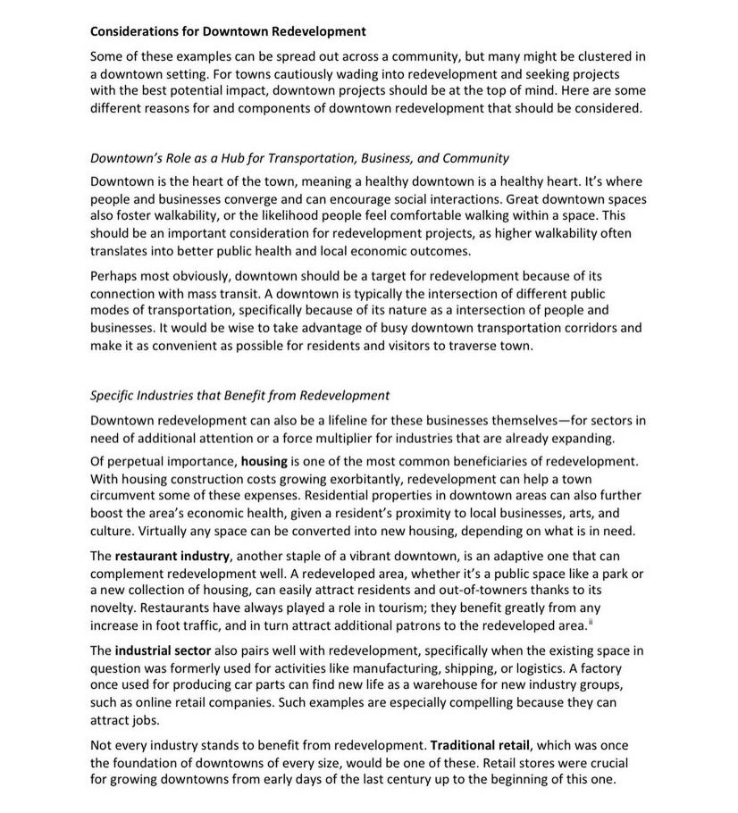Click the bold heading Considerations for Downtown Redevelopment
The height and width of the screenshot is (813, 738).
228,31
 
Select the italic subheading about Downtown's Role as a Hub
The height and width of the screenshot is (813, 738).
300,158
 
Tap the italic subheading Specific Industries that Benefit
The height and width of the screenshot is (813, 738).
240,395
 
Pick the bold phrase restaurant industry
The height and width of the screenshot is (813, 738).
172,556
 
